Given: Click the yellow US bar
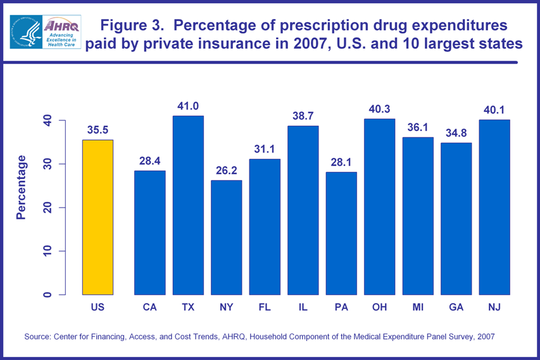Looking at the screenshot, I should (97, 217).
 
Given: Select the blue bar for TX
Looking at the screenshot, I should (188, 205).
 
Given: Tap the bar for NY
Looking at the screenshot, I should (227, 237).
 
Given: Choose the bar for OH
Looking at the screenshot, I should (379, 206).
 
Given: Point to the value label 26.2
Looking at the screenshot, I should (227, 171).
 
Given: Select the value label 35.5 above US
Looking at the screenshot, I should (97, 130).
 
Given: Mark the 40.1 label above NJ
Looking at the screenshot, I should (494, 110).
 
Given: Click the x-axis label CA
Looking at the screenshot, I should (150, 307).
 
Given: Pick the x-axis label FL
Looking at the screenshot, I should (265, 307).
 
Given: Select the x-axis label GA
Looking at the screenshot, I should (456, 307).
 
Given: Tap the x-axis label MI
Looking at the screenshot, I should (418, 307).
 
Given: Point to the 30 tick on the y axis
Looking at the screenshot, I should (46, 164).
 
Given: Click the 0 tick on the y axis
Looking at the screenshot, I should (46, 295).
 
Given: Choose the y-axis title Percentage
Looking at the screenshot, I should (22, 187).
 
